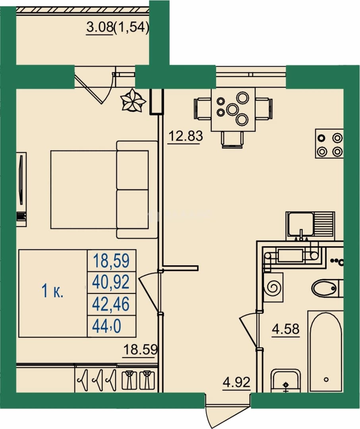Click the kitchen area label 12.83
click(x=186, y=136)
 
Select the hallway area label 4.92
click(x=237, y=382)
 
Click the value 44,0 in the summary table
click(x=107, y=326)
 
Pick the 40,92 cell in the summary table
click(x=110, y=282)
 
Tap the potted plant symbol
click(x=133, y=100)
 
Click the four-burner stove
click(x=329, y=144)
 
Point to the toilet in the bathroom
click(x=327, y=288)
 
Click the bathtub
click(x=326, y=351)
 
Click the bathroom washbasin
click(x=286, y=381)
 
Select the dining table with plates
click(x=233, y=109)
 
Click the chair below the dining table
click(x=232, y=140)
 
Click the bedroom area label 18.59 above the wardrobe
click(x=141, y=350)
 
